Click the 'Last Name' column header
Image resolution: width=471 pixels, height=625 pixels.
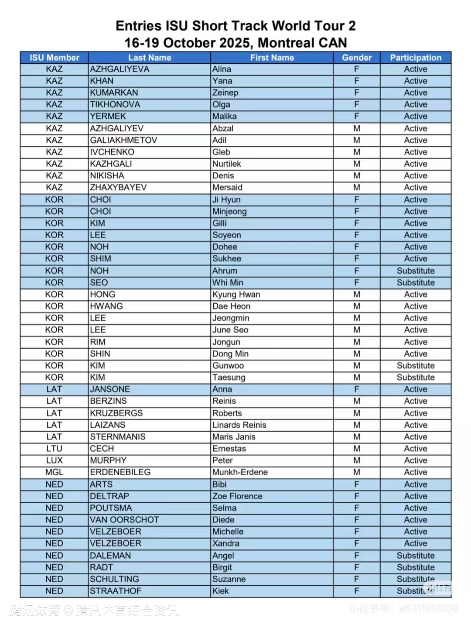click(149, 58)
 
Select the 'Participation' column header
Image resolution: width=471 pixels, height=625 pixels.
click(415, 58)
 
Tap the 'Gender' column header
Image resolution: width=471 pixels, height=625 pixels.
click(356, 58)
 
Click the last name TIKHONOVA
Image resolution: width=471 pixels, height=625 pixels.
click(115, 104)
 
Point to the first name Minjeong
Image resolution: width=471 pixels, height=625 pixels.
click(229, 211)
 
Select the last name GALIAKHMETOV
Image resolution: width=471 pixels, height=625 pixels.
click(123, 140)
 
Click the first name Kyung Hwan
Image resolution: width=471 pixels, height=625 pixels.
click(236, 294)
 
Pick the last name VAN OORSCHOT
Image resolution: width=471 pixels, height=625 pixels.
click(124, 520)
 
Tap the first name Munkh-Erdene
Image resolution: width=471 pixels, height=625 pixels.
click(240, 472)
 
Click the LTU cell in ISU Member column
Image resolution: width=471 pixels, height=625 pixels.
click(54, 449)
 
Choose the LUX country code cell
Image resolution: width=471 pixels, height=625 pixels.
click(54, 460)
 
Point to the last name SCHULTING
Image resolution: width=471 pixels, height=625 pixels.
click(114, 579)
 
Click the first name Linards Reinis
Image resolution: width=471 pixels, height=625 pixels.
click(239, 425)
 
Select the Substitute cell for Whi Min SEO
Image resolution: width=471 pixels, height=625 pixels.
click(415, 282)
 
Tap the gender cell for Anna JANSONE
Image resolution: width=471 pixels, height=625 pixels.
click(356, 389)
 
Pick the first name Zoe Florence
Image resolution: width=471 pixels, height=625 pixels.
click(237, 496)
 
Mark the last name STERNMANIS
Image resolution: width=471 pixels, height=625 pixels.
click(117, 437)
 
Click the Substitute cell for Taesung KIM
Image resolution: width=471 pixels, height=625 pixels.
click(415, 378)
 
